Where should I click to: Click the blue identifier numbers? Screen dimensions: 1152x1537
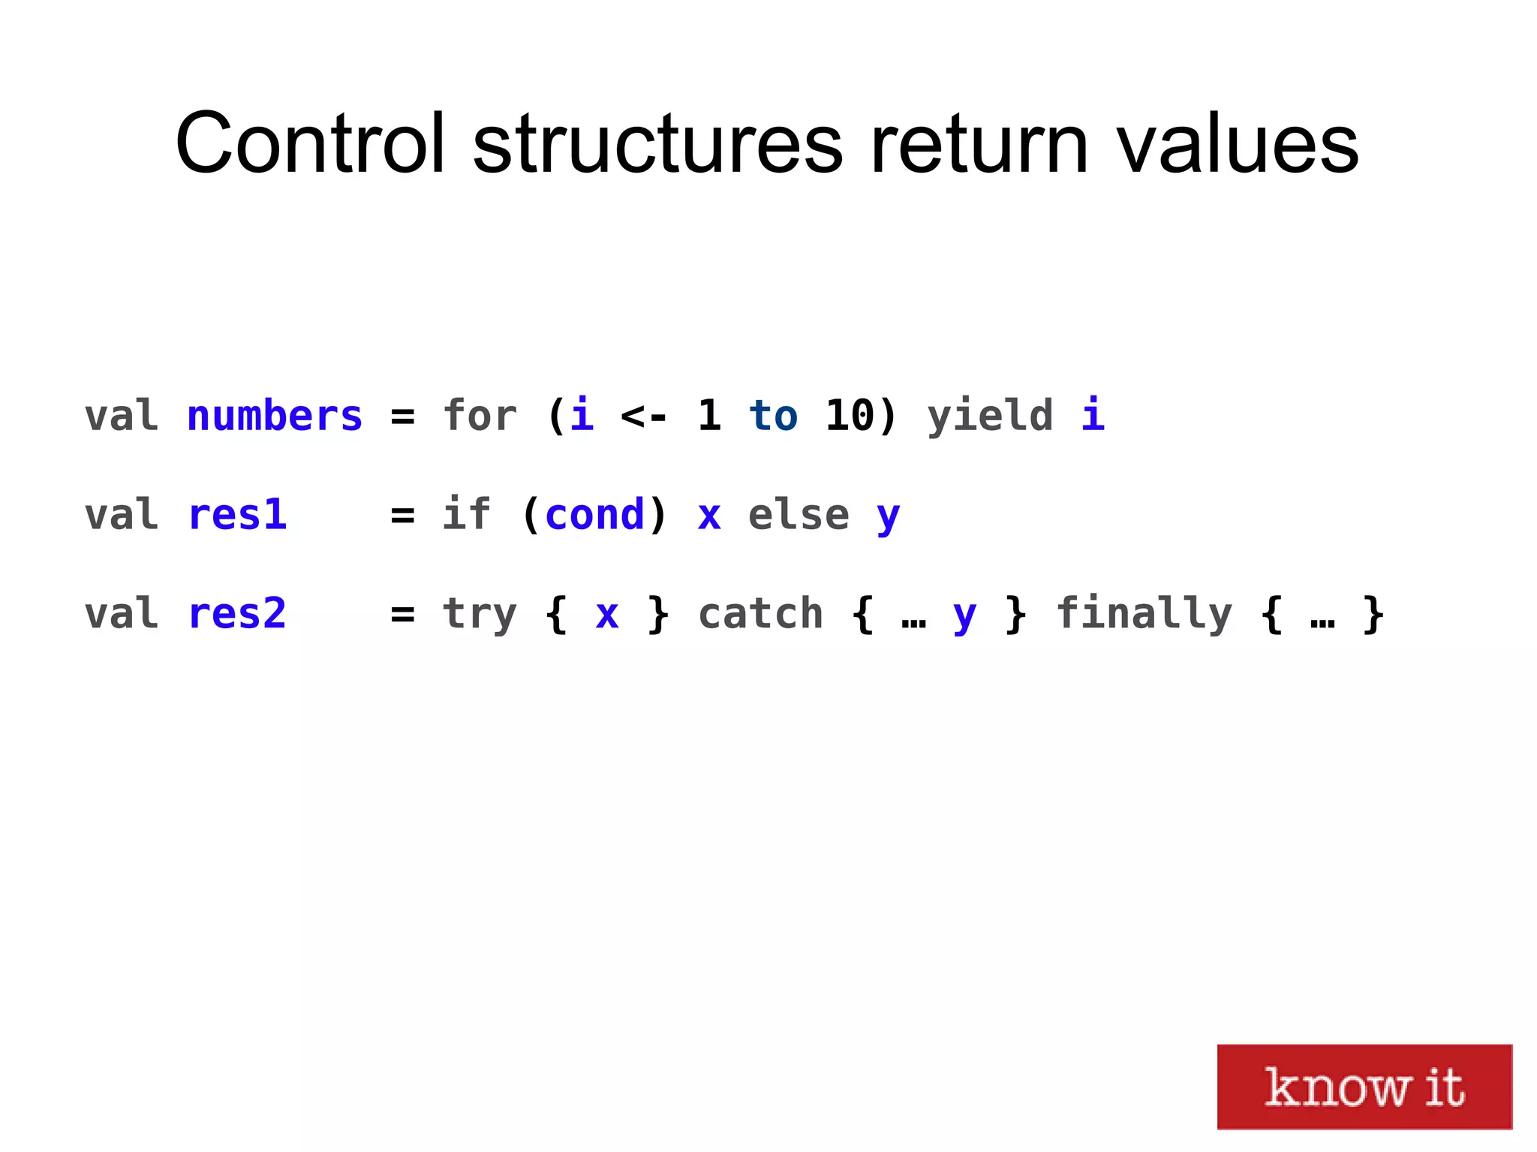click(275, 417)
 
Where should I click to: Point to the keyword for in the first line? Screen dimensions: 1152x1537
click(480, 417)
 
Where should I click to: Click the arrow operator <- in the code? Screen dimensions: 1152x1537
click(644, 417)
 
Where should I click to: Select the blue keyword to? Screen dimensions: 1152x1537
click(773, 417)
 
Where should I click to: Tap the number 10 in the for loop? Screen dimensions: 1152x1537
click(850, 417)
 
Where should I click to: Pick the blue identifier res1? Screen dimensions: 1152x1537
click(237, 516)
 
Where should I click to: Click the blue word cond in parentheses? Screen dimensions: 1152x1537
click(595, 516)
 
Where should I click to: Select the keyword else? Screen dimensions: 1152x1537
click(799, 516)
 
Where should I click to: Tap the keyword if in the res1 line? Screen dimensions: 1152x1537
click(466, 516)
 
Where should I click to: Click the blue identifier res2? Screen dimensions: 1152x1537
click(237, 614)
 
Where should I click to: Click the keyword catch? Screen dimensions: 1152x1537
click(760, 614)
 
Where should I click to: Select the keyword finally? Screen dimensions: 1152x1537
click(1144, 614)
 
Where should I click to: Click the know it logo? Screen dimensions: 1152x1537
click(1364, 1086)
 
